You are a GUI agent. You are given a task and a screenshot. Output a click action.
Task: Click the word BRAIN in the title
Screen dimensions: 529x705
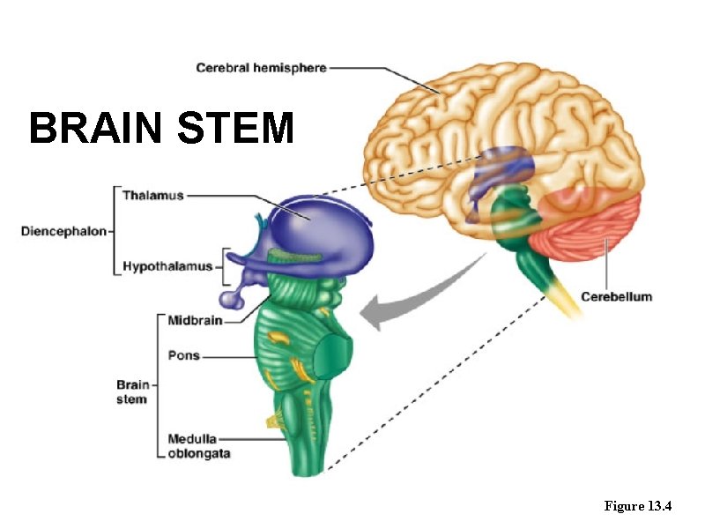(x=95, y=129)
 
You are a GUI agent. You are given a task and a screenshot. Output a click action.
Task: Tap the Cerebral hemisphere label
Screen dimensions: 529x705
(x=261, y=68)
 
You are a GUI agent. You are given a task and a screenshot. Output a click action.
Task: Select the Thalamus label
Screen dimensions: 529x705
(x=152, y=195)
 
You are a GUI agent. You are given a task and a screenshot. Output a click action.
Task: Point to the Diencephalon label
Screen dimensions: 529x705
(x=63, y=232)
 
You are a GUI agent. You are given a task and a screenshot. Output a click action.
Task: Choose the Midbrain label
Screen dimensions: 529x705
(x=195, y=321)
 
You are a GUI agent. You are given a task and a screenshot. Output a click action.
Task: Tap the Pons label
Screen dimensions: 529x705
(x=184, y=356)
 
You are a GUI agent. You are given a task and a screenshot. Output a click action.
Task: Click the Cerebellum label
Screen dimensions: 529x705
(x=617, y=296)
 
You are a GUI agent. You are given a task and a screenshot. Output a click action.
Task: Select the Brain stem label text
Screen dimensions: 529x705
(x=132, y=392)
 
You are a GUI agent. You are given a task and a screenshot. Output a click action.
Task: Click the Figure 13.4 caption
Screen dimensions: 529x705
(x=638, y=506)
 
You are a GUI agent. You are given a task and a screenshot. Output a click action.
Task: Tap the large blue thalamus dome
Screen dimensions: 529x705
(x=317, y=220)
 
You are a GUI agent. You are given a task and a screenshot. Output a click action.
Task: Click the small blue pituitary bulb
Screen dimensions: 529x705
(x=232, y=300)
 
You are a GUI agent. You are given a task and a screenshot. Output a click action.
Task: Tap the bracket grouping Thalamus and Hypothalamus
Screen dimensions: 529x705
(x=115, y=231)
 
